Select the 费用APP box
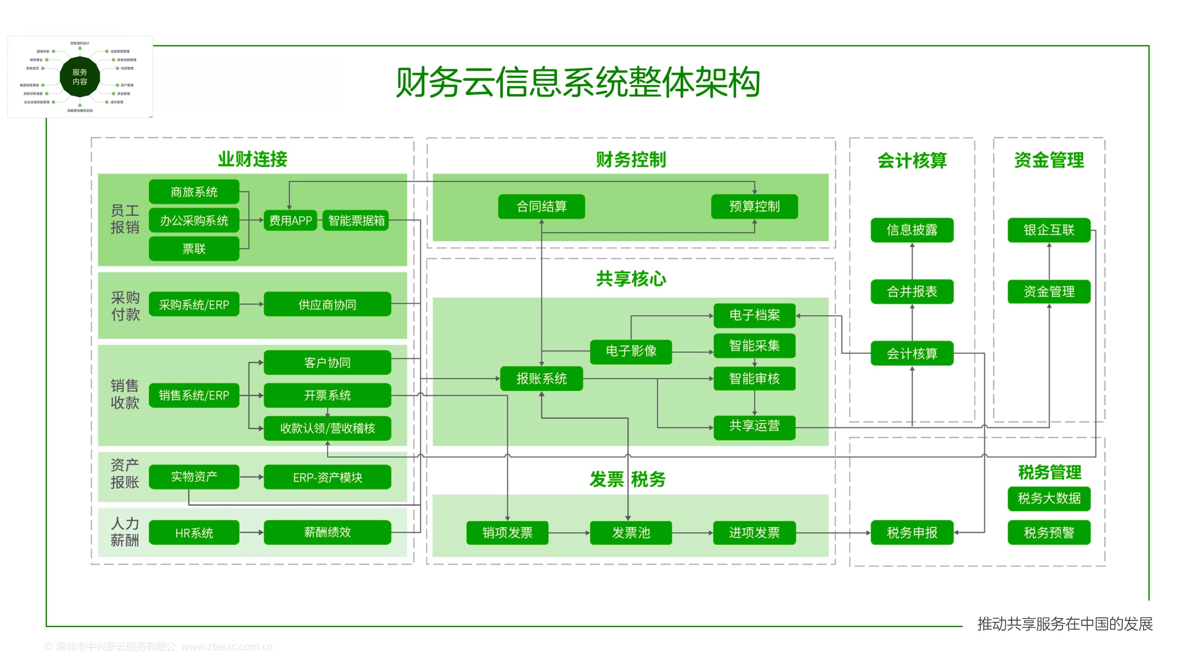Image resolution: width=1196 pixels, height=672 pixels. point(290,220)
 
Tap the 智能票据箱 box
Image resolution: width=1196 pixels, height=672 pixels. point(356,220)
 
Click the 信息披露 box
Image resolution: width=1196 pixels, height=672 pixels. point(912,230)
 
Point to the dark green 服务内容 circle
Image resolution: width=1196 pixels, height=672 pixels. point(80,76)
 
